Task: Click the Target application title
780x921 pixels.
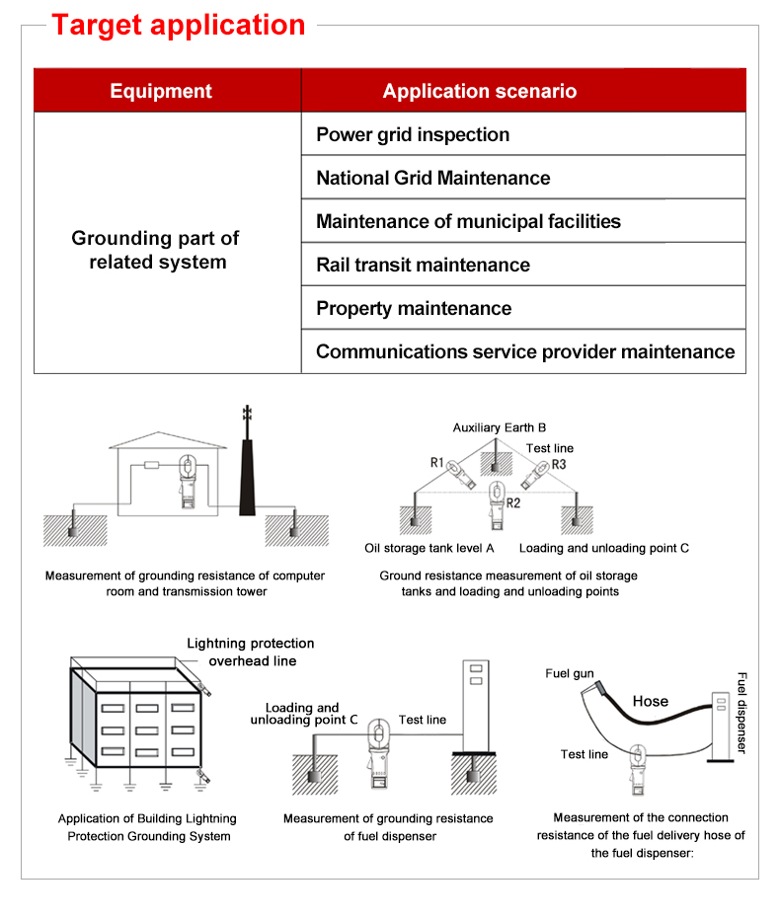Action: tap(178, 25)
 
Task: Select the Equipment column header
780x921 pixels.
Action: tap(161, 92)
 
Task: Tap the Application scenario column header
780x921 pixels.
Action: tap(479, 92)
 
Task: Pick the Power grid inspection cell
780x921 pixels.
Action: tap(413, 135)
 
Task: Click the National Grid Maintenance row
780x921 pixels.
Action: tap(432, 179)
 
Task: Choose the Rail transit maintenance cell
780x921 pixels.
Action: tap(423, 266)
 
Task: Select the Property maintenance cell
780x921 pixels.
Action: tap(414, 309)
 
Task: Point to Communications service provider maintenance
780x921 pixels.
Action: tap(525, 352)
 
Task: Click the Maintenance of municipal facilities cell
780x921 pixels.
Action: tap(468, 222)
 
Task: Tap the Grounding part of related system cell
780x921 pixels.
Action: tap(156, 251)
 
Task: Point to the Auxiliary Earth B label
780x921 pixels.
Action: tap(500, 428)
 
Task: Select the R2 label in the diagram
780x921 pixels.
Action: tap(513, 503)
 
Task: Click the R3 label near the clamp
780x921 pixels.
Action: tap(559, 464)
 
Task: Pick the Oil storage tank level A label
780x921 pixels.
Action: tap(429, 548)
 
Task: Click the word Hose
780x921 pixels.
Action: tap(650, 702)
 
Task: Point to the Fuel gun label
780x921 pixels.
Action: tap(570, 674)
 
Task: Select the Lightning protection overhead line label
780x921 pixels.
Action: tap(251, 652)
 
